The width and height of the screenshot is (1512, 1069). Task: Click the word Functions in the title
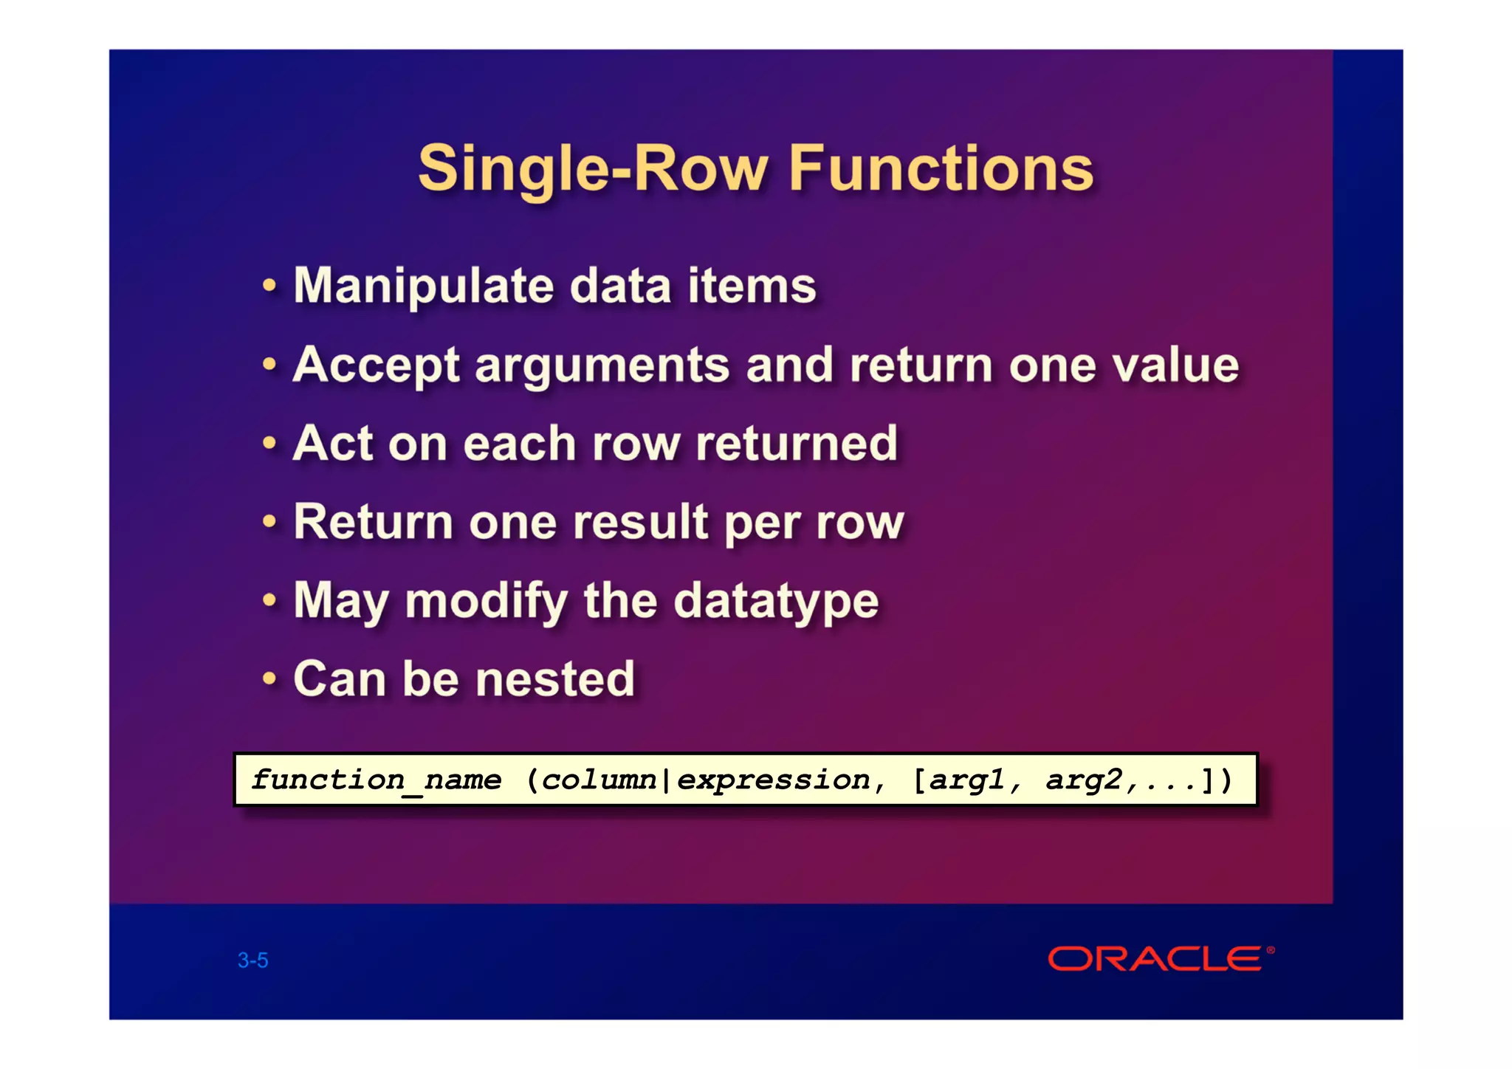point(941,168)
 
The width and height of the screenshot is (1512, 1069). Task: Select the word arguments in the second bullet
point(602,366)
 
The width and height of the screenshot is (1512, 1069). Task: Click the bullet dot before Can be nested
point(269,678)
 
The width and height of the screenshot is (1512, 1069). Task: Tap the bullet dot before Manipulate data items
point(269,284)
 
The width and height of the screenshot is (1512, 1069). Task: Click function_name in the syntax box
point(376,780)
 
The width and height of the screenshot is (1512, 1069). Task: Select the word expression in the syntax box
point(773,780)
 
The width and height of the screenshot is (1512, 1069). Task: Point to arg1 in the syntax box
point(966,780)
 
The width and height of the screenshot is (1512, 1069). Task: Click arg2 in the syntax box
point(1083,780)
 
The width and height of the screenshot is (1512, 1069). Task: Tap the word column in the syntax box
point(599,780)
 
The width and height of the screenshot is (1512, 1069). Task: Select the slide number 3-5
point(252,960)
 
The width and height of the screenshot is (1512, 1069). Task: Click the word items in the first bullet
point(752,286)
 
